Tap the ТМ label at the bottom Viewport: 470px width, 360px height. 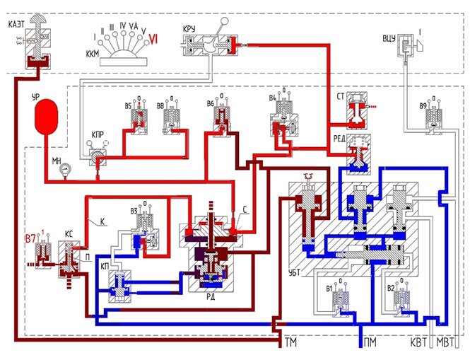click(290, 343)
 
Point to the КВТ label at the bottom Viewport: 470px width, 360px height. click(420, 343)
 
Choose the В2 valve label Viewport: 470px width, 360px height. click(389, 289)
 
